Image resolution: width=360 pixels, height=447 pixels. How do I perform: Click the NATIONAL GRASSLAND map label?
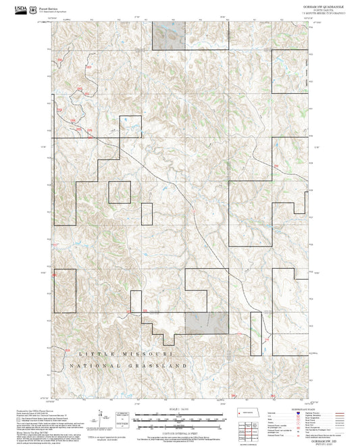click(128, 365)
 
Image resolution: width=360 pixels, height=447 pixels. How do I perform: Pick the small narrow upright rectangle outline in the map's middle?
click(147, 213)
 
